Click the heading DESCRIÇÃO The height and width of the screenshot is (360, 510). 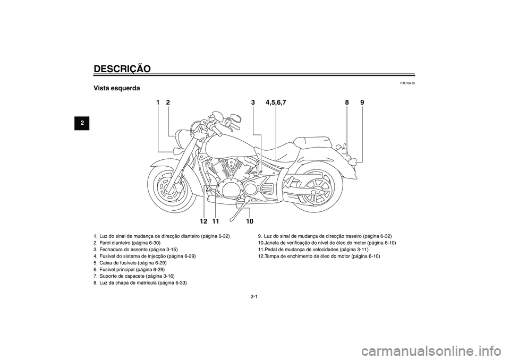pyautogui.click(x=122, y=68)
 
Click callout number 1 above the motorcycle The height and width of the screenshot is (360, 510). pyautogui.click(x=158, y=102)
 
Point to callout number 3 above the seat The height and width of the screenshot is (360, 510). pyautogui.click(x=253, y=102)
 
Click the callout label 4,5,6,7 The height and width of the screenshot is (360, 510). pyautogui.click(x=276, y=102)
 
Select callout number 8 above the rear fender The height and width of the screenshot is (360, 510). pyautogui.click(x=346, y=102)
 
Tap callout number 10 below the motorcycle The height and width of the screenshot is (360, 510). pyautogui.click(x=250, y=220)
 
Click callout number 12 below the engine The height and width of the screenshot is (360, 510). pyautogui.click(x=203, y=220)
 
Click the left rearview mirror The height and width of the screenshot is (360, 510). pyautogui.click(x=235, y=119)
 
